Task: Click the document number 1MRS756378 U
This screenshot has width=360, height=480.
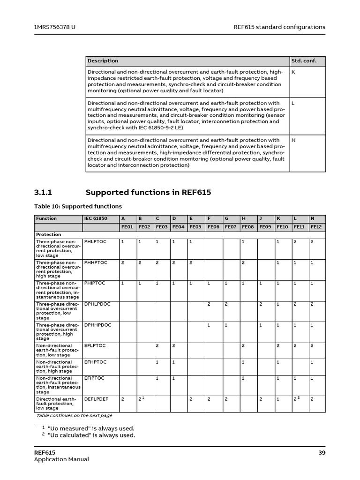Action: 55,27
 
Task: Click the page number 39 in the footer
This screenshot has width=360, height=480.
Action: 322,452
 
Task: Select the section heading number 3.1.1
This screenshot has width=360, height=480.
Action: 45,193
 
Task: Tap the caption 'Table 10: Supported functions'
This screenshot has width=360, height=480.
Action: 78,206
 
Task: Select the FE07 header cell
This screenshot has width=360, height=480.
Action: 230,227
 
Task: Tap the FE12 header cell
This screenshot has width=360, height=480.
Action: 316,227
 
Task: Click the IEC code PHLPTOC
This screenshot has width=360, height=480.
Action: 95,242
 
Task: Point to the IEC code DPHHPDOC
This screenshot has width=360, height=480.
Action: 97,324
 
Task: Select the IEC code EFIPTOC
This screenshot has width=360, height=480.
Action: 94,378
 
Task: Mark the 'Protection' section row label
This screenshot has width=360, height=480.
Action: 49,234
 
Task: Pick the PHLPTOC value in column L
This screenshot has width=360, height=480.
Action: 295,242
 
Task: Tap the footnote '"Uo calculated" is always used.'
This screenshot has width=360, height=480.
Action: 91,435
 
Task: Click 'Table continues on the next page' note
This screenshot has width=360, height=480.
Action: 74,415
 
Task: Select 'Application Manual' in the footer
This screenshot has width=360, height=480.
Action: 61,459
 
